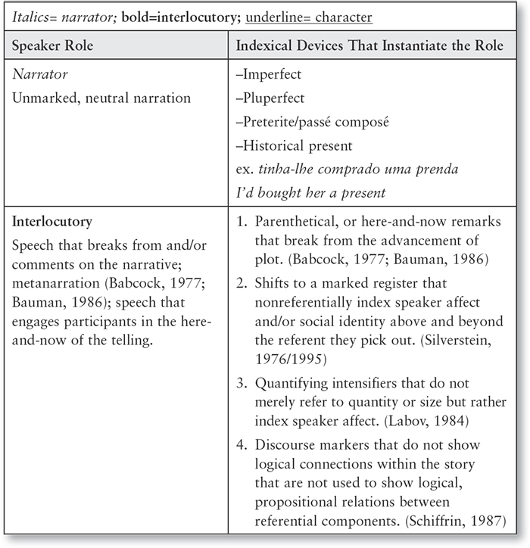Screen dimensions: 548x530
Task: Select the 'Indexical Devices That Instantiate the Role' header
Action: pyautogui.click(x=369, y=46)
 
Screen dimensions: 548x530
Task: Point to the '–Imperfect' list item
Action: pyautogui.click(x=269, y=75)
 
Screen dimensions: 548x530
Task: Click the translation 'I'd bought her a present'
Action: pyautogui.click(x=311, y=192)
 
